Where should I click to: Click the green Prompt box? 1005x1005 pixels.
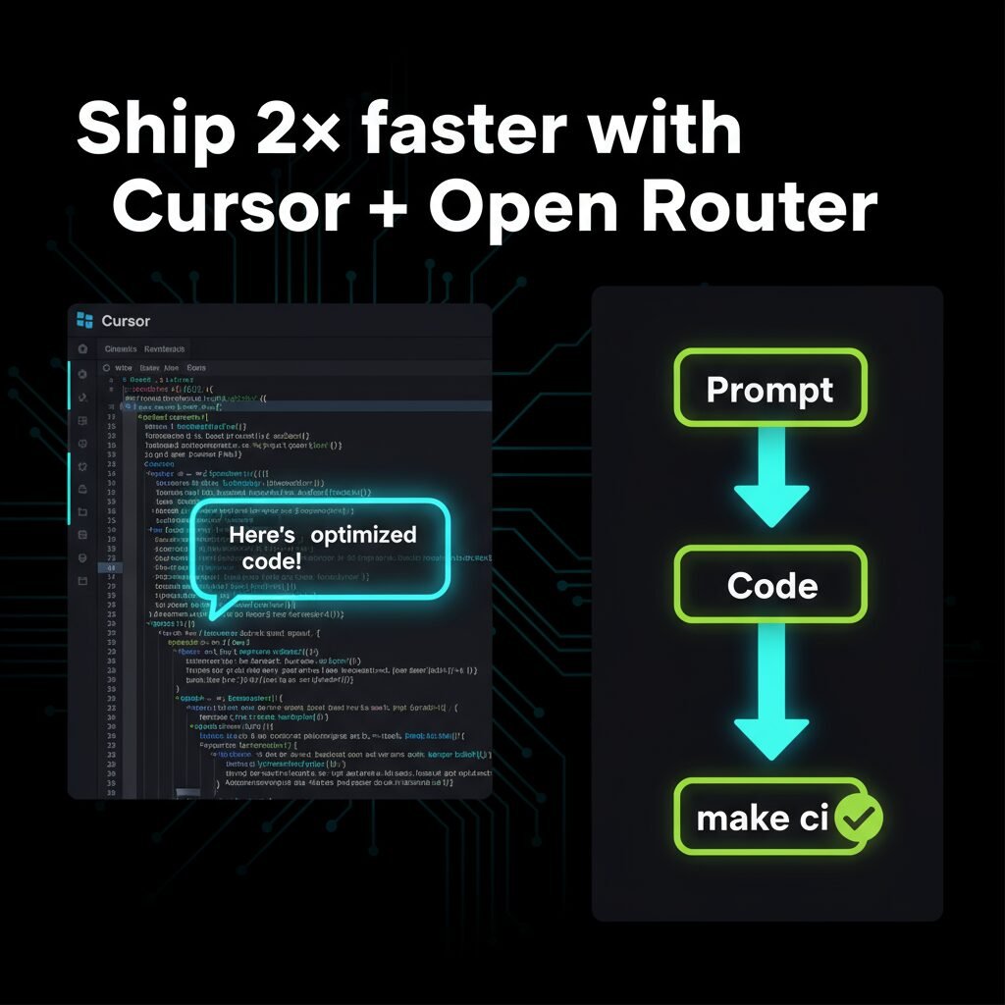[x=770, y=389]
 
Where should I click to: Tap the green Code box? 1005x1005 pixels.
[x=771, y=585]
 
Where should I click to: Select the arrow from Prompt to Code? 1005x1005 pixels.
[x=771, y=481]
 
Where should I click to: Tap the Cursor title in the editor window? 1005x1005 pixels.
[x=126, y=321]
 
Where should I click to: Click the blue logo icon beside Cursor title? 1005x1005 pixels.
[x=84, y=320]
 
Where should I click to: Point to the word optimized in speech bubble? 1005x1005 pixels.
[x=363, y=535]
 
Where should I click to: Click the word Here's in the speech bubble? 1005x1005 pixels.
[x=260, y=535]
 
